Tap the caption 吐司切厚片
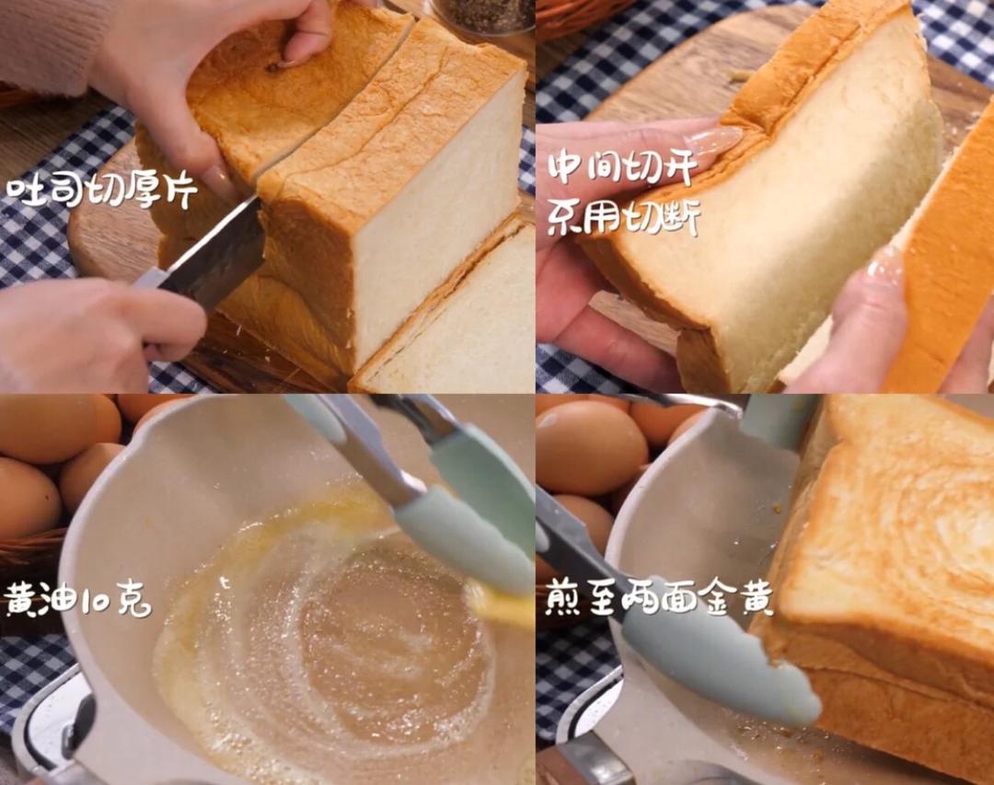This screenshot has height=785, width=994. [102, 191]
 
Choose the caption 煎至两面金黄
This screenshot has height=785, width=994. [659, 599]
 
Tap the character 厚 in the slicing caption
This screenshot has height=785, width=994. [140, 191]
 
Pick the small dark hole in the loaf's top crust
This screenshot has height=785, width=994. [274, 66]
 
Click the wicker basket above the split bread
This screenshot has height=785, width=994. [584, 16]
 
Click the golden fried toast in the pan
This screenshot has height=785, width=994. [881, 571]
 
